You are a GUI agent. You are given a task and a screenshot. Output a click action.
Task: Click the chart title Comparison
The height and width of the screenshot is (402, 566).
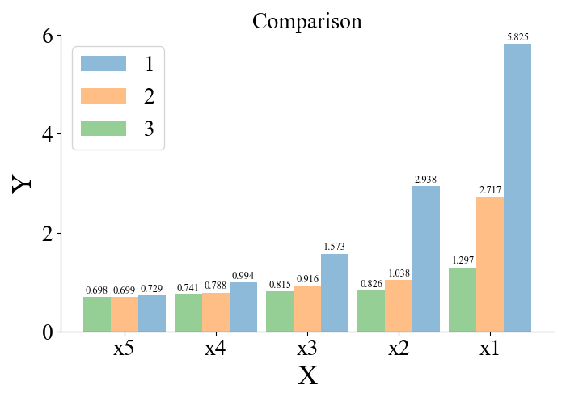(306, 21)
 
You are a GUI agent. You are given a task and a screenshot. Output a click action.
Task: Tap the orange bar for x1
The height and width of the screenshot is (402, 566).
(490, 264)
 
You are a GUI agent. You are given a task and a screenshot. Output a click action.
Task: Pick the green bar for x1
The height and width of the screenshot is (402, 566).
(463, 299)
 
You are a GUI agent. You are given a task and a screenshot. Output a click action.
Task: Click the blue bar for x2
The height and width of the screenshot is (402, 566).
(426, 259)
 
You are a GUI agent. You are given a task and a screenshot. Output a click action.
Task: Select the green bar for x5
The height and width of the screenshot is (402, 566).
(97, 314)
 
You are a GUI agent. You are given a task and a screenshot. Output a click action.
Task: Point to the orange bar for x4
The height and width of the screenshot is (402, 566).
(216, 312)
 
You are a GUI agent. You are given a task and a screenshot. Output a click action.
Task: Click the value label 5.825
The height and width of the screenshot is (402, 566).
(518, 37)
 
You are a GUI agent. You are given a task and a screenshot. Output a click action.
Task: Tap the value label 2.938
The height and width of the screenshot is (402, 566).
(426, 180)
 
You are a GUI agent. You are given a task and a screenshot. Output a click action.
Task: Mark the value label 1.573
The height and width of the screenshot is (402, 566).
(335, 247)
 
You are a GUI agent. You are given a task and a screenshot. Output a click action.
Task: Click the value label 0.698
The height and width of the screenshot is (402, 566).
(97, 290)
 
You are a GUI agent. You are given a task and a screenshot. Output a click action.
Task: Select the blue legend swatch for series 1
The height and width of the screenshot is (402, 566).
(103, 64)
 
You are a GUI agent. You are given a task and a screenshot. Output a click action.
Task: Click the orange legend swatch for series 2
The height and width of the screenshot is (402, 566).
(103, 96)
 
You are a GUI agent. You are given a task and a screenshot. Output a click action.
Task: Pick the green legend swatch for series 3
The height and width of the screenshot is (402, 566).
(103, 129)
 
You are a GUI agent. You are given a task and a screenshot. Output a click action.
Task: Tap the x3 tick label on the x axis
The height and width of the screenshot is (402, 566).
(306, 349)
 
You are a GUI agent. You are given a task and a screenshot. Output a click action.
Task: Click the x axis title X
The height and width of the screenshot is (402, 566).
(307, 377)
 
